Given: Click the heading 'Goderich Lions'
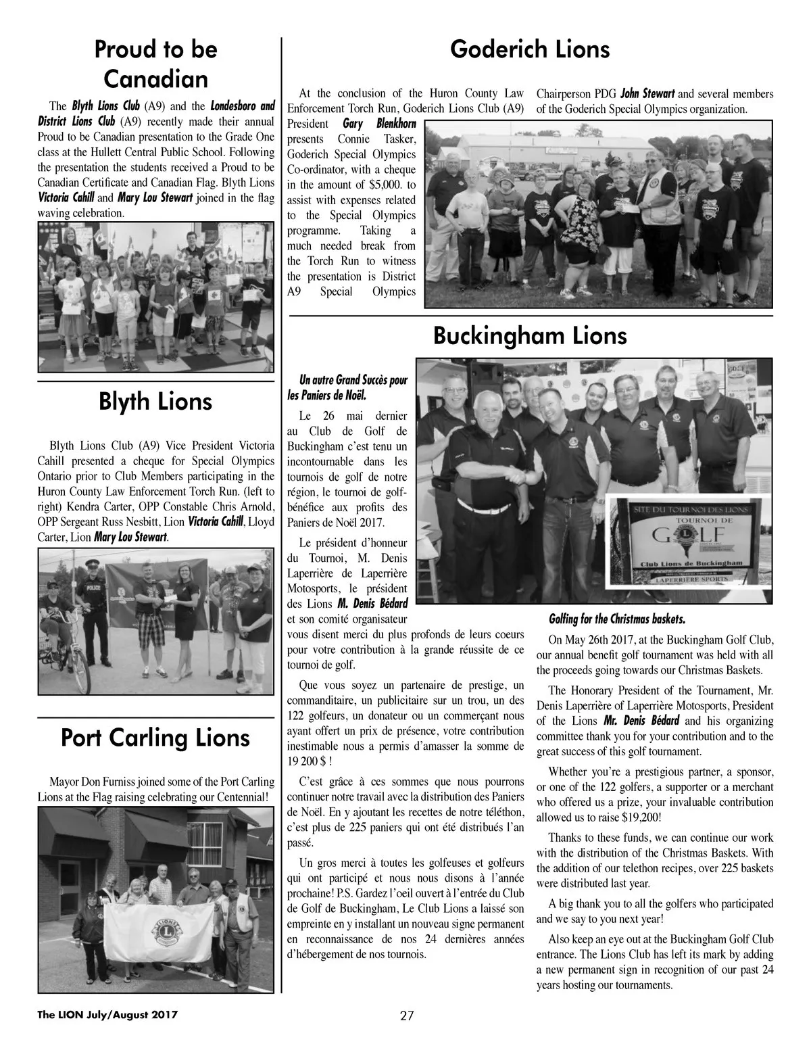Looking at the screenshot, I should [530, 49].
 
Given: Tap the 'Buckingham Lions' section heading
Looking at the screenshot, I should [530, 336].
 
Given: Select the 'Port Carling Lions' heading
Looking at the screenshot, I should [155, 737].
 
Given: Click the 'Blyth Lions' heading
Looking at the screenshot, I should [155, 402].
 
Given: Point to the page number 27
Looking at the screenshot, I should [406, 1016].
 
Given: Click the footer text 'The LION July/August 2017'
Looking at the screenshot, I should [107, 1015].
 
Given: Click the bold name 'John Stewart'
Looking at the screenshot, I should [648, 94].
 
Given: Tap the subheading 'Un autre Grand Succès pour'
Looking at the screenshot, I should [353, 381].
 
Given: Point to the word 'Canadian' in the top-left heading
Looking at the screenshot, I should [155, 79].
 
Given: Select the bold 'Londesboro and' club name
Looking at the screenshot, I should [243, 106].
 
